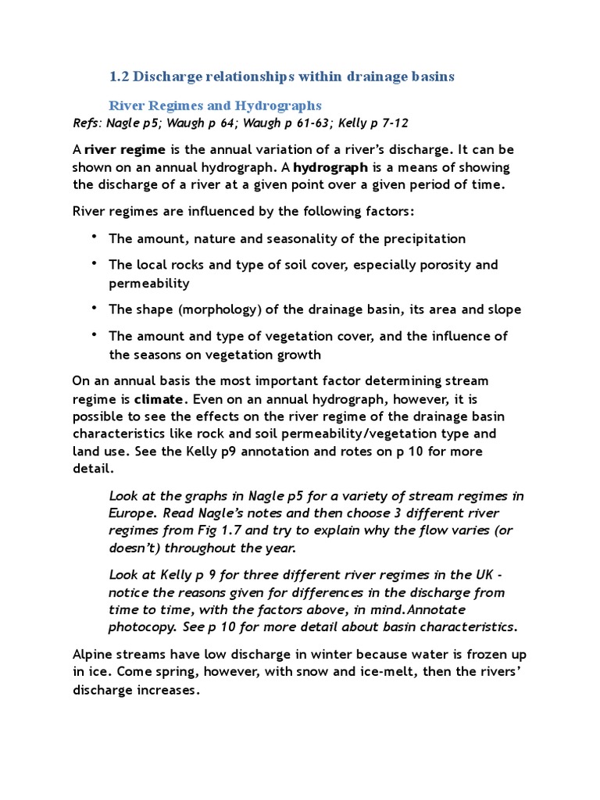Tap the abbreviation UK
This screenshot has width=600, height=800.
coord(476,575)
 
